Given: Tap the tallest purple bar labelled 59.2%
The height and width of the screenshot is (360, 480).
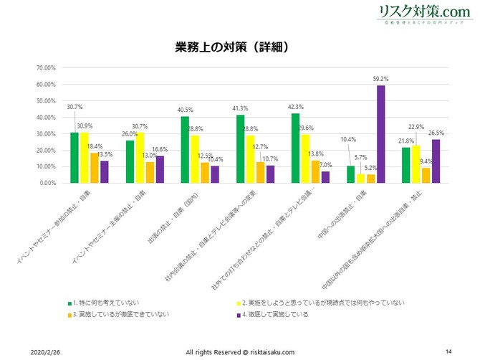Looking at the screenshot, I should (x=381, y=134).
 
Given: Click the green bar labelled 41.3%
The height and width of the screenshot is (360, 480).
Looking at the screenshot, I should (x=240, y=149).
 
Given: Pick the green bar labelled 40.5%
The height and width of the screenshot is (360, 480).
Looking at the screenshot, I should (x=184, y=150).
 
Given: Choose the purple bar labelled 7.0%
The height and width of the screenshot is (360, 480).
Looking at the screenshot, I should (x=325, y=177).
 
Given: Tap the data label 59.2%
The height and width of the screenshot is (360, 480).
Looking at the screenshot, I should (x=381, y=79).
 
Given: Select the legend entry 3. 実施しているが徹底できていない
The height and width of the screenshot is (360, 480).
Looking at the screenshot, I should (x=120, y=313).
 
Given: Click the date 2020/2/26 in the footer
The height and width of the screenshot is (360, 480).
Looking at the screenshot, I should (x=46, y=352).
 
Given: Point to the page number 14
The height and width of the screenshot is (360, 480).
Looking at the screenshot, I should (x=448, y=351).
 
